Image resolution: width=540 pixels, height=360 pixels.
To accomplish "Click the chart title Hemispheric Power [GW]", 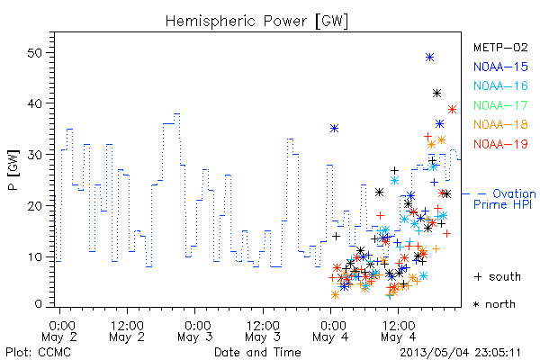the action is tap(256, 22).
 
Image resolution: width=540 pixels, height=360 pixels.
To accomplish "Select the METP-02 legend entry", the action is tap(500, 47).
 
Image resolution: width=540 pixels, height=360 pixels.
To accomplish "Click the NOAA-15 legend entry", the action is tap(500, 67).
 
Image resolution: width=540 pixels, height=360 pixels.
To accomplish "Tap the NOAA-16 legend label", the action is tap(500, 85).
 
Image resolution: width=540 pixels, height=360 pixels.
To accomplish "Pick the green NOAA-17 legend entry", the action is tap(500, 105).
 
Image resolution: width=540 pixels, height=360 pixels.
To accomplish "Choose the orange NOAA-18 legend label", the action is tap(500, 124).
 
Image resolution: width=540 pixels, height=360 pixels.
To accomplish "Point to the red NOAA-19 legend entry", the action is tap(500, 144).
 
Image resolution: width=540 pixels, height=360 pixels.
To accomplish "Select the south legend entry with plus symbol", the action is tap(498, 276).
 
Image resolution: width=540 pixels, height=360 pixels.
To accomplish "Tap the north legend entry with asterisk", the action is tap(494, 304).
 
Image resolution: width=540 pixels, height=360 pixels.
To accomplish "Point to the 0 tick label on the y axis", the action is tap(38, 304).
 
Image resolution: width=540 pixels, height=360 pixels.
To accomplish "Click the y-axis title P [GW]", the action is tap(13, 170).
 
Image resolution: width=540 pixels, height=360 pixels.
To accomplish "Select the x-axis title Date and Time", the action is tap(257, 352).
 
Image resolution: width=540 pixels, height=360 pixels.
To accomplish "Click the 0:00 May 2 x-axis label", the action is tap(59, 331).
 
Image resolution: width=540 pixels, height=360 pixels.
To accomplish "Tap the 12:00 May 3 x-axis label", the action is tap(263, 331).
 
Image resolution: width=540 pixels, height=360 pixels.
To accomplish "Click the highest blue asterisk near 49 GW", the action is tap(429, 58).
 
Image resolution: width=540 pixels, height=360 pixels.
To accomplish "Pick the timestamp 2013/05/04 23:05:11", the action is tap(460, 353).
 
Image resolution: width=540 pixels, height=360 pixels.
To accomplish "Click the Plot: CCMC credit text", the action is tap(38, 353).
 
